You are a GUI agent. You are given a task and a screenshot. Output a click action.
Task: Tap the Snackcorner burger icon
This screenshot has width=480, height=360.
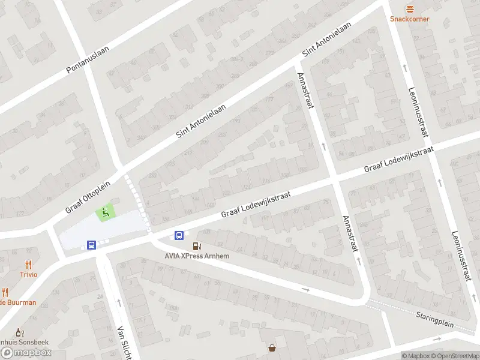coord(410,8)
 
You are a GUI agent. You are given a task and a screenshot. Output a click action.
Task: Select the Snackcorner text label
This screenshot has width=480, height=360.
coord(410,19)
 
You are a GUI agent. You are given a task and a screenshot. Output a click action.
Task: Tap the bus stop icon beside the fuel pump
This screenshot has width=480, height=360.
coord(179,235)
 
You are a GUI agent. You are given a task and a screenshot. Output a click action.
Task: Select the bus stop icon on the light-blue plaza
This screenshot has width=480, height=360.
coord(91,245)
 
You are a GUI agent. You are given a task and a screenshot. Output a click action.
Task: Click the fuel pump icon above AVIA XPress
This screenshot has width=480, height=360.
coord(196,246)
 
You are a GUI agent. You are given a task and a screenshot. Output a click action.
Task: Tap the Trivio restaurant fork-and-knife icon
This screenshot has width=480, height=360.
coord(28,264)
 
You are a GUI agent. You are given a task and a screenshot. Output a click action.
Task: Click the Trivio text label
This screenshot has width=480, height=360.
coord(28,274)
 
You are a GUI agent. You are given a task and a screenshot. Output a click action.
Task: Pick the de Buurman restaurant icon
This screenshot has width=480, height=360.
coord(5,292)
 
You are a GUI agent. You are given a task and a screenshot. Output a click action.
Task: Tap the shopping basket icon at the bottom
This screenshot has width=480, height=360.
coord(272,347)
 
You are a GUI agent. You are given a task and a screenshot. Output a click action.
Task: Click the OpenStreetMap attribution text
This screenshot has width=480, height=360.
coord(458,356)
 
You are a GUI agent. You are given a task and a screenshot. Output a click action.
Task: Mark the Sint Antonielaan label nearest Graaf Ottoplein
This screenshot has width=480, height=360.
coord(201,120)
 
